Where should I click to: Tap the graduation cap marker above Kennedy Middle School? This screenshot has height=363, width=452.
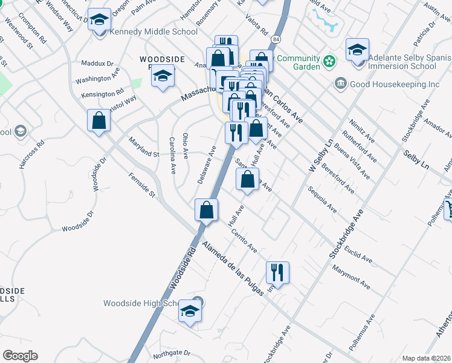(x=99, y=20)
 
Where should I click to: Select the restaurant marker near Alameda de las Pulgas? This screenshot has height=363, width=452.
(x=277, y=272)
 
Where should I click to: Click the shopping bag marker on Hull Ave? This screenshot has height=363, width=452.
(x=247, y=180)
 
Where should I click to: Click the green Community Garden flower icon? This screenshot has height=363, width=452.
(x=329, y=61)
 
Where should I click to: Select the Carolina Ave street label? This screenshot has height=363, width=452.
(x=172, y=156)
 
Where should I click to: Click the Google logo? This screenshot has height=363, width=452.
(x=20, y=356)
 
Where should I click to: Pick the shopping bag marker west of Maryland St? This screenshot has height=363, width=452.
(x=98, y=120)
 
